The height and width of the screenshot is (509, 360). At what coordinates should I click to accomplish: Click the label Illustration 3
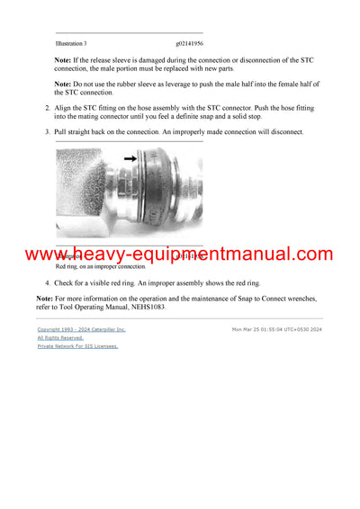(x=71, y=43)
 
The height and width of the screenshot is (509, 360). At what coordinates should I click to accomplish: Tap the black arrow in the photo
(x=130, y=159)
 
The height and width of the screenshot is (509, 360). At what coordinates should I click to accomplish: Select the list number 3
(x=48, y=132)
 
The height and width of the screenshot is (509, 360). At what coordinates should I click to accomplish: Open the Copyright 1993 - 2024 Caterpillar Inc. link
(x=81, y=330)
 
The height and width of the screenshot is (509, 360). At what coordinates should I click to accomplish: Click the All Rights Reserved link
(x=60, y=338)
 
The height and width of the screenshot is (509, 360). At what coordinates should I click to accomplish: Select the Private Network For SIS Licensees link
(x=77, y=346)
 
